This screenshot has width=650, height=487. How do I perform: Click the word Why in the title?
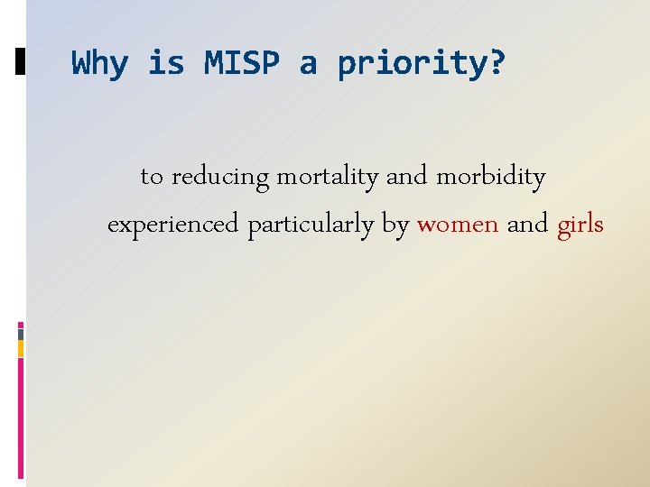coord(99,64)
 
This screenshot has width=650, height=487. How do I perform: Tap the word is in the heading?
coord(165,64)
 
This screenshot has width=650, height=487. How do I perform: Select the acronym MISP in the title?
coord(242,64)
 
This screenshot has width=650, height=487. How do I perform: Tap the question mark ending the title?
coord(498,64)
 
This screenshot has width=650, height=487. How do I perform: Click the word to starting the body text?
coord(152,178)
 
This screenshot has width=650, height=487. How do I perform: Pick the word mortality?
coord(327,178)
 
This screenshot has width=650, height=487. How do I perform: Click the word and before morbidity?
coord(407,177)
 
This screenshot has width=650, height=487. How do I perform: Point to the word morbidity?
coord(491,177)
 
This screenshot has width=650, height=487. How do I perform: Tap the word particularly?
coord(311,225)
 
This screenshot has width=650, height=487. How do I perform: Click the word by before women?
coord(395,225)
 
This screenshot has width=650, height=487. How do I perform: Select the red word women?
coord(458,224)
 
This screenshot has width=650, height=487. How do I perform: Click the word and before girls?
coord(527,224)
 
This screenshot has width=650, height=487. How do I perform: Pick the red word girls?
coord(580,225)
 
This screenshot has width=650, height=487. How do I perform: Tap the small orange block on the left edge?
coord(21,348)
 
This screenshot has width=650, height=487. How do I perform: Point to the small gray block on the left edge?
coord(21,333)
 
